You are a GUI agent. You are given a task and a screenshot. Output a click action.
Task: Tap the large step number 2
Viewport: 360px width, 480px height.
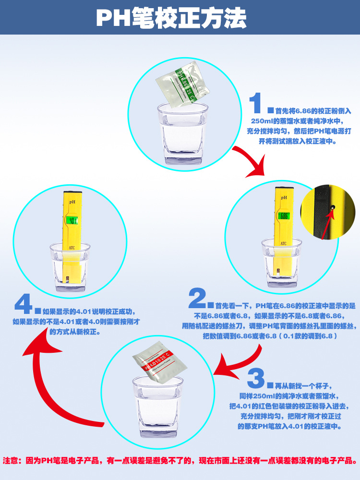[197, 299]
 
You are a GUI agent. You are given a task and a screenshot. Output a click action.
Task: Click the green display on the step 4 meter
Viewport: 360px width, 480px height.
[73, 221]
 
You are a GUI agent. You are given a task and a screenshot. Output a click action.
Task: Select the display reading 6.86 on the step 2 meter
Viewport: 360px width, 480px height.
[284, 216]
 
